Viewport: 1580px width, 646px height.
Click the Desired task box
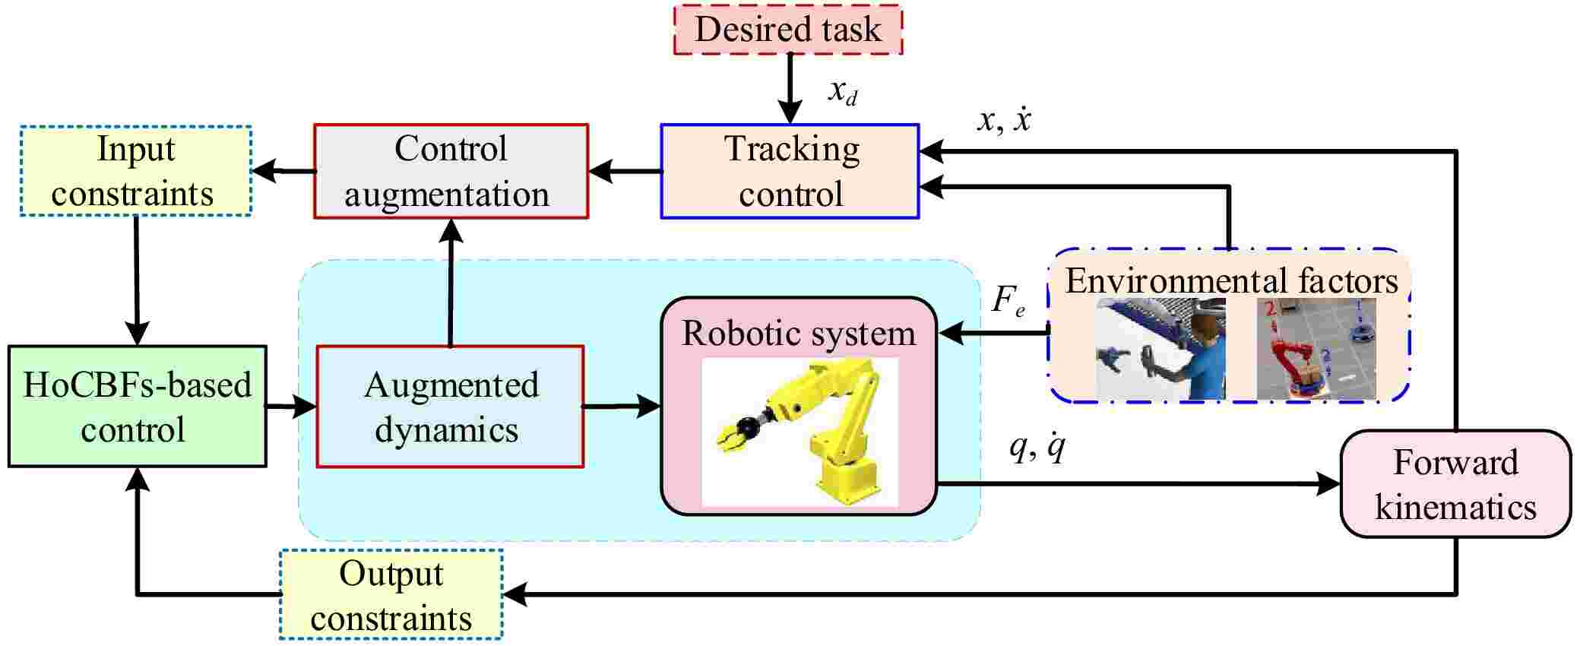pos(788,30)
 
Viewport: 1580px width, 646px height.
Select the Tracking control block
pos(790,171)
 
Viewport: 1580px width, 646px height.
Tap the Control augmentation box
pos(451,171)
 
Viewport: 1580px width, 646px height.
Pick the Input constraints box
pos(136,171)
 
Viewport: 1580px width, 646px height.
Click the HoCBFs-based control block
pos(138,407)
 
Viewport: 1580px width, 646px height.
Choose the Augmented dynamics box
pos(450,407)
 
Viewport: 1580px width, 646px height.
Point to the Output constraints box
pos(391,595)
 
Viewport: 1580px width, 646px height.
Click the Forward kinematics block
pos(1455,484)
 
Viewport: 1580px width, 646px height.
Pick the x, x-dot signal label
pos(1003,120)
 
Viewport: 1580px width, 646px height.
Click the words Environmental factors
pos(1231,280)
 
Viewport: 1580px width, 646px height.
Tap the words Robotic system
pos(799,333)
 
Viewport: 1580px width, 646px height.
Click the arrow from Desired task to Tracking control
pos(790,87)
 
